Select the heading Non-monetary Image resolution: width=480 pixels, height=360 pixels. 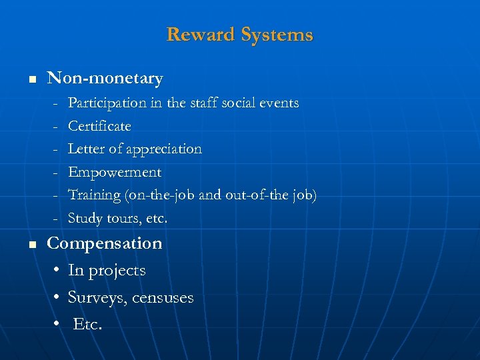coord(105,79)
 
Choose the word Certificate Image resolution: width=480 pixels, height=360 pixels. coord(99,126)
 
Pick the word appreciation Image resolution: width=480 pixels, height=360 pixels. coord(163,149)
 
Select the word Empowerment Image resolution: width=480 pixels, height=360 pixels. coord(115,172)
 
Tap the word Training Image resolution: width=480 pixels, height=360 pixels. coord(93,195)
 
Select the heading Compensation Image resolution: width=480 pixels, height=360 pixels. coord(105,243)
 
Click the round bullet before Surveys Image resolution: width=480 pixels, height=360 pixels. coord(56,297)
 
